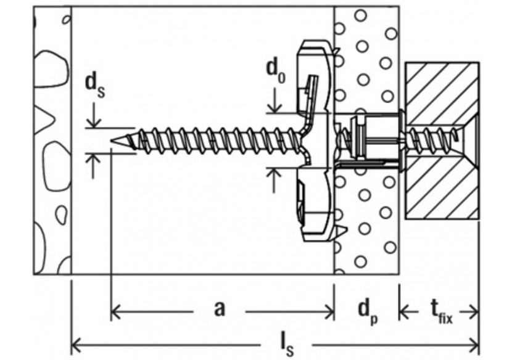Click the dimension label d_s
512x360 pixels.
click(x=95, y=86)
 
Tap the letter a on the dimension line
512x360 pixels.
click(x=220, y=308)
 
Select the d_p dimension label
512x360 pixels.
click(x=368, y=312)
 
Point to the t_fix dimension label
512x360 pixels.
click(x=442, y=313)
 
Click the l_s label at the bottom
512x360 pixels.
click(x=287, y=346)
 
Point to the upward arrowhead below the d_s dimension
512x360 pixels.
click(x=94, y=160)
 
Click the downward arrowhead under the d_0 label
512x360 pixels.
click(x=275, y=107)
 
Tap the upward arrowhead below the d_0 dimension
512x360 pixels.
click(x=274, y=174)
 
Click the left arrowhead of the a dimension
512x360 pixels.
click(x=117, y=312)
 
